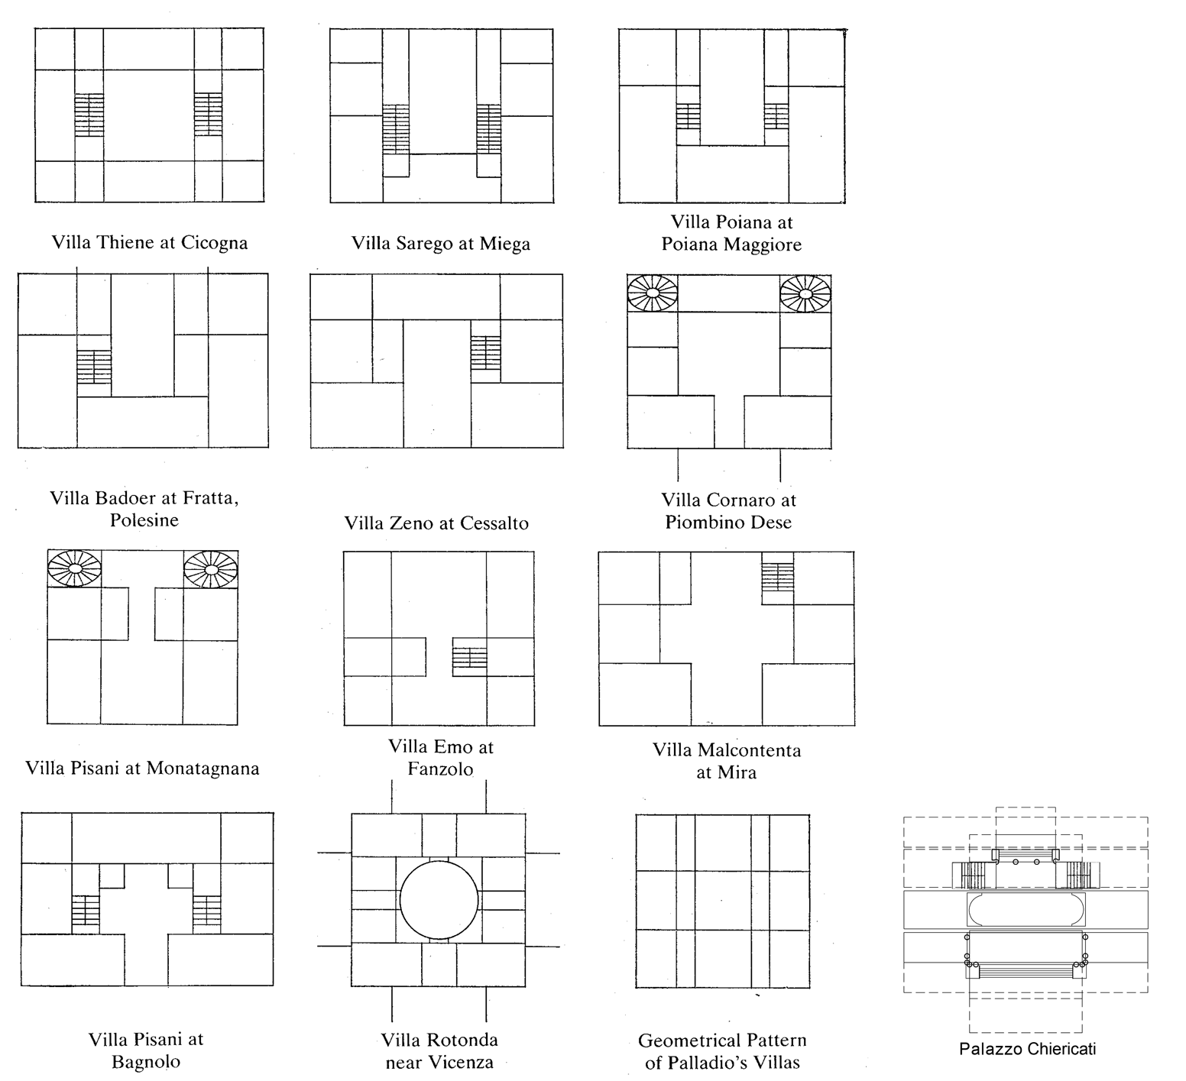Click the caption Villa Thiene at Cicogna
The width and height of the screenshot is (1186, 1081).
pyautogui.click(x=150, y=243)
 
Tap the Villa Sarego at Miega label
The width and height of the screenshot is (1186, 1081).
pyautogui.click(x=441, y=244)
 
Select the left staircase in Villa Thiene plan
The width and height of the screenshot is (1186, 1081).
pyautogui.click(x=89, y=115)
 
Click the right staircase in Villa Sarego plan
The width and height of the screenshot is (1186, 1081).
pyautogui.click(x=488, y=129)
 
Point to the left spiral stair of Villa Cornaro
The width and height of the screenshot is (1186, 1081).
pyautogui.click(x=653, y=293)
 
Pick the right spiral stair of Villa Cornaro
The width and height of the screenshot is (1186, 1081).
pyautogui.click(x=805, y=294)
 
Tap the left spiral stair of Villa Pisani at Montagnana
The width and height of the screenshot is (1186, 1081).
pyautogui.click(x=74, y=569)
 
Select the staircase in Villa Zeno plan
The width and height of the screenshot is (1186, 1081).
pyautogui.click(x=485, y=353)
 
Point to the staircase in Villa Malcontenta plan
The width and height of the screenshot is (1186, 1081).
pyautogui.click(x=778, y=583)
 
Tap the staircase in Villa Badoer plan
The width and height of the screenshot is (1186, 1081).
pyautogui.click(x=94, y=367)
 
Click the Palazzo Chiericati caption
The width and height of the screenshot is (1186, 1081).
pyautogui.click(x=1027, y=1049)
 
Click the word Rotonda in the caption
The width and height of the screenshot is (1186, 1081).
pyautogui.click(x=462, y=1040)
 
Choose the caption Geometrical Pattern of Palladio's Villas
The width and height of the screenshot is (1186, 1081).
pyautogui.click(x=722, y=1051)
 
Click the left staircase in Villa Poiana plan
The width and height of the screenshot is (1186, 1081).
pyautogui.click(x=688, y=116)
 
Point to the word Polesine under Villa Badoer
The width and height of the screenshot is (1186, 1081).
pyautogui.click(x=144, y=520)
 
